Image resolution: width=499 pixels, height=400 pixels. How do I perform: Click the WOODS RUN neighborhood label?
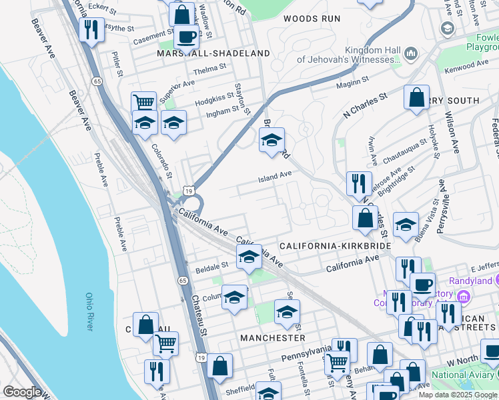click(x=312, y=19)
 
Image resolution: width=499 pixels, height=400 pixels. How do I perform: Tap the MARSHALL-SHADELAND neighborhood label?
click(x=213, y=53)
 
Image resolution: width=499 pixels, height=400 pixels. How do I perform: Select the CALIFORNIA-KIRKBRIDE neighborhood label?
click(x=335, y=246)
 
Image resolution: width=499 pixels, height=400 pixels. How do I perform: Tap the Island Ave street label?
click(x=276, y=175)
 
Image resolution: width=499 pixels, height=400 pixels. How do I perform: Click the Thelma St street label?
click(x=209, y=69)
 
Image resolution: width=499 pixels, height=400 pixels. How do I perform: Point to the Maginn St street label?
click(x=353, y=82)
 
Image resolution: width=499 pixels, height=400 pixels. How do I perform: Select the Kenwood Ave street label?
click(x=470, y=65)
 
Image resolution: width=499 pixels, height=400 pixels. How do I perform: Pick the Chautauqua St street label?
click(x=406, y=145)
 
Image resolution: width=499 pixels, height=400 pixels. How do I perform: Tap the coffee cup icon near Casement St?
click(x=186, y=37)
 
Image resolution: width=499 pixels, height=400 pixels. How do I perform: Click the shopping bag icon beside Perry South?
click(x=416, y=98)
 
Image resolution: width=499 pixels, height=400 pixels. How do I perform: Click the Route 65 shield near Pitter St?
click(x=97, y=81)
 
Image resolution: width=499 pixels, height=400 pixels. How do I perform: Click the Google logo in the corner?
click(x=22, y=392)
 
